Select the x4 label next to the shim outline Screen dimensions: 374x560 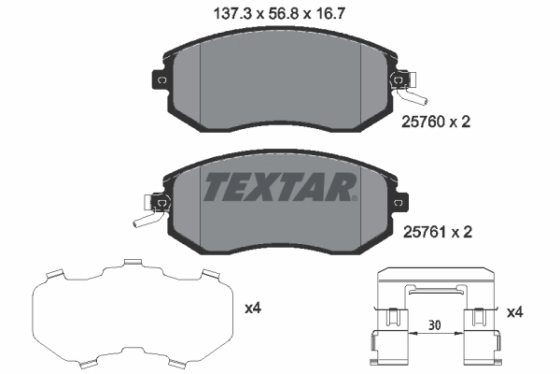(252, 308)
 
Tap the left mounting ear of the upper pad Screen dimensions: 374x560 (160, 80)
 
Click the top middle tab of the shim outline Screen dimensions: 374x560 (133, 263)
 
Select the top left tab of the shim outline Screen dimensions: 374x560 (55, 274)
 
